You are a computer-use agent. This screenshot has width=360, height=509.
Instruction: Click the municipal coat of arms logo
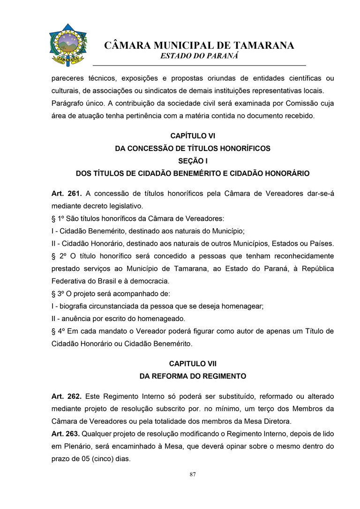tap(68, 45)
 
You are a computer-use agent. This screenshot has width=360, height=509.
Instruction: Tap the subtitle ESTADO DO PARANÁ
tap(199, 56)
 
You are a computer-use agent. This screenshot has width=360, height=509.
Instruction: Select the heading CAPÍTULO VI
tap(192, 136)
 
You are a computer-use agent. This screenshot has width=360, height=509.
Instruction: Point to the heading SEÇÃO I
tap(192, 161)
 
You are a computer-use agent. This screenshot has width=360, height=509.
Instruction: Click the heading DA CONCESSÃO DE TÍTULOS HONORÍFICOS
tap(192, 149)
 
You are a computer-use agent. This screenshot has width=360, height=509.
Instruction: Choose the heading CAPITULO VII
tap(192, 363)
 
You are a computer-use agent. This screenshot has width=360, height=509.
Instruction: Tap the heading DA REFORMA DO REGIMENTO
tap(192, 376)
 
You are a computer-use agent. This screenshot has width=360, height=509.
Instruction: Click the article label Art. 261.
tap(67, 194)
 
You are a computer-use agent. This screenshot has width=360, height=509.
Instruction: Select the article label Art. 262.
tap(67, 396)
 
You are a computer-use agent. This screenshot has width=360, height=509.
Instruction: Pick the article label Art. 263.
tap(67, 434)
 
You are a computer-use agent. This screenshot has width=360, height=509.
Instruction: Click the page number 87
tap(193, 474)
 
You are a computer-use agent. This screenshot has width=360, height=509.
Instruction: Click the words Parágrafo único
tap(77, 103)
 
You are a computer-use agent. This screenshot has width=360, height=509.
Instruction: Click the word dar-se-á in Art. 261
tap(319, 194)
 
